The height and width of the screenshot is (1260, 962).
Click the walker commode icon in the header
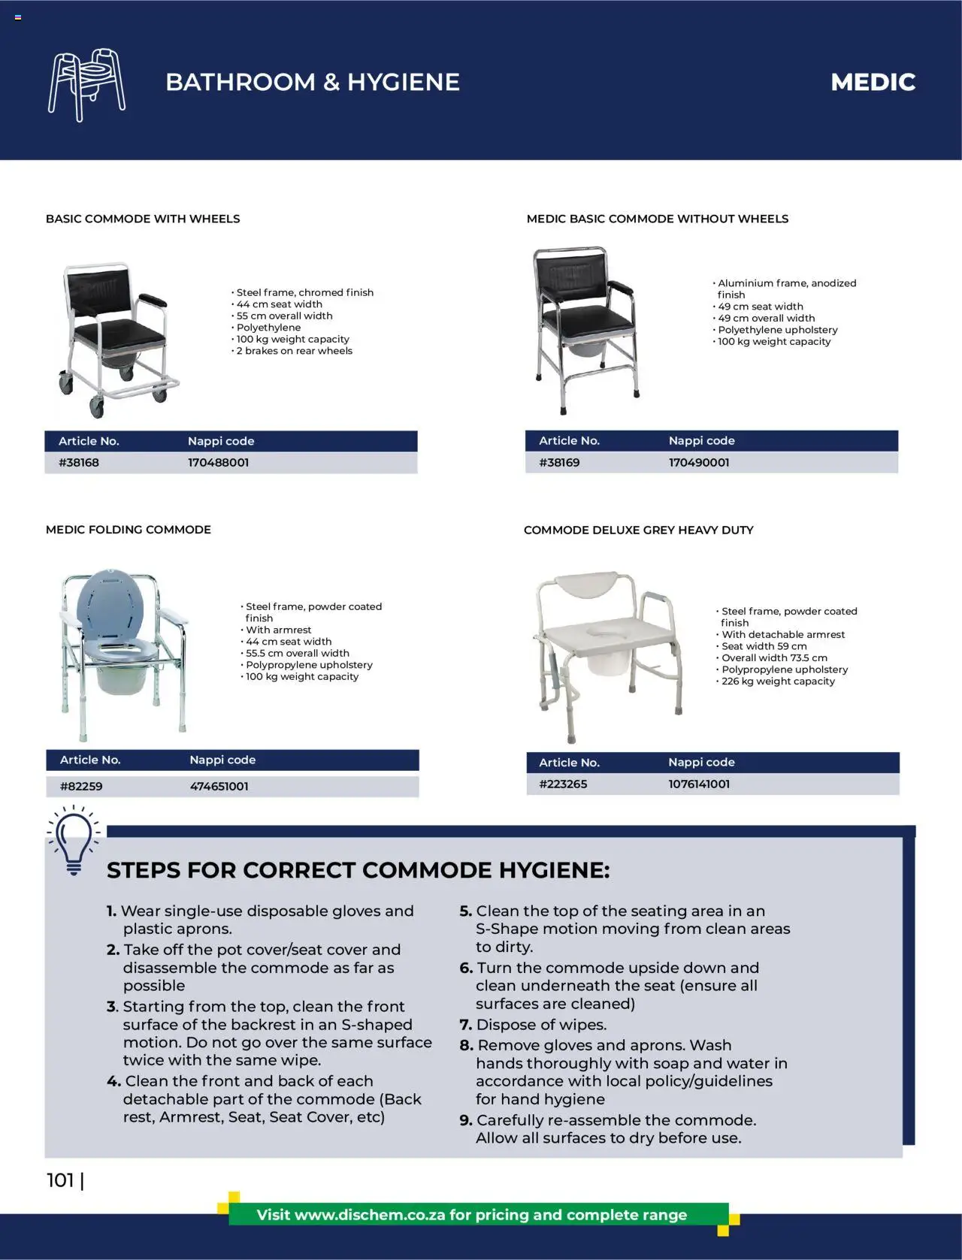coord(86,84)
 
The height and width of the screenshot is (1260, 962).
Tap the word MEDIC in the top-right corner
coord(873,82)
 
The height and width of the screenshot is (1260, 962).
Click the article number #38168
coord(79,462)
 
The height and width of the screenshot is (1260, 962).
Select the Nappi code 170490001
coord(699,462)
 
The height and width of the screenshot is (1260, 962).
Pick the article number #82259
coord(81,786)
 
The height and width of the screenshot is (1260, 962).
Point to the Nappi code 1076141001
coord(699,784)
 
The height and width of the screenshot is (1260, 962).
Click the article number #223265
coord(563,784)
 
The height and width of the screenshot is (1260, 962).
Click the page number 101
coord(61,1180)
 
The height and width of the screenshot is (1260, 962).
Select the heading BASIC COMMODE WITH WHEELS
coord(143,219)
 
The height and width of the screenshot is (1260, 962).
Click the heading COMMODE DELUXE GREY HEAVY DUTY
coord(638,530)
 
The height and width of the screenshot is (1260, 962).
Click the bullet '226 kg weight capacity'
coord(778,681)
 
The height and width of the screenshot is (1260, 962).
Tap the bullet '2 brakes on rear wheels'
coord(294,351)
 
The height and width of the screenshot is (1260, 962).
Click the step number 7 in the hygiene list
coord(465,1025)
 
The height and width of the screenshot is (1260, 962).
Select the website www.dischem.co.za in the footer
coord(370,1215)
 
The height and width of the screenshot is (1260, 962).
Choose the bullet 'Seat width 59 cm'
coord(764,646)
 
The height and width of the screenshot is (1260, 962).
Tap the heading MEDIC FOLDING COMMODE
coord(129,530)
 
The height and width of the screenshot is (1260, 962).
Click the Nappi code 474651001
coord(219,786)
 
